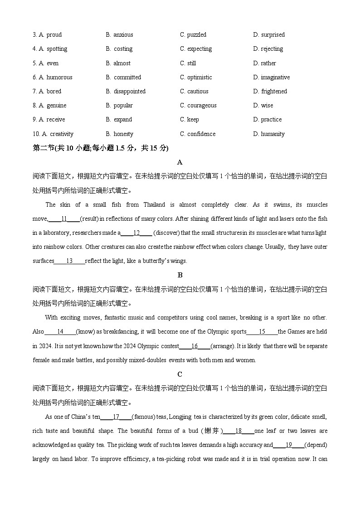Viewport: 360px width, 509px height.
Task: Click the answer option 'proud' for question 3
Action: [x=54, y=35]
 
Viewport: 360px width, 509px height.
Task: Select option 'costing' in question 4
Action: [x=123, y=49]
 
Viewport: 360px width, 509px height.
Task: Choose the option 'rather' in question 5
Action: [x=268, y=63]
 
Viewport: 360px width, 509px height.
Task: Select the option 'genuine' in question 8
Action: [x=56, y=106]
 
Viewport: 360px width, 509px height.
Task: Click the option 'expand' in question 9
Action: [x=123, y=120]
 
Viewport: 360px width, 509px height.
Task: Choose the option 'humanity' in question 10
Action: [x=272, y=134]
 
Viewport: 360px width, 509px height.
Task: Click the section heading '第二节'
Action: [x=43, y=148]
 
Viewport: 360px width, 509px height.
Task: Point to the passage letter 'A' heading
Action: [x=180, y=162]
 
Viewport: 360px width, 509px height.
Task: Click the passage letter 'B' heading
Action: [x=180, y=275]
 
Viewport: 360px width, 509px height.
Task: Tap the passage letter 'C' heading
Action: [x=180, y=374]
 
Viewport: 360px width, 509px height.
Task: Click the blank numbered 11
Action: [x=64, y=219]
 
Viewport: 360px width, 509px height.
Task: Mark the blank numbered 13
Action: [x=69, y=261]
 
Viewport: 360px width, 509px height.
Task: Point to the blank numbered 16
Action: [x=195, y=346]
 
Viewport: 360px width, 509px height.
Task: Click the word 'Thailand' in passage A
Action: [x=154, y=205]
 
